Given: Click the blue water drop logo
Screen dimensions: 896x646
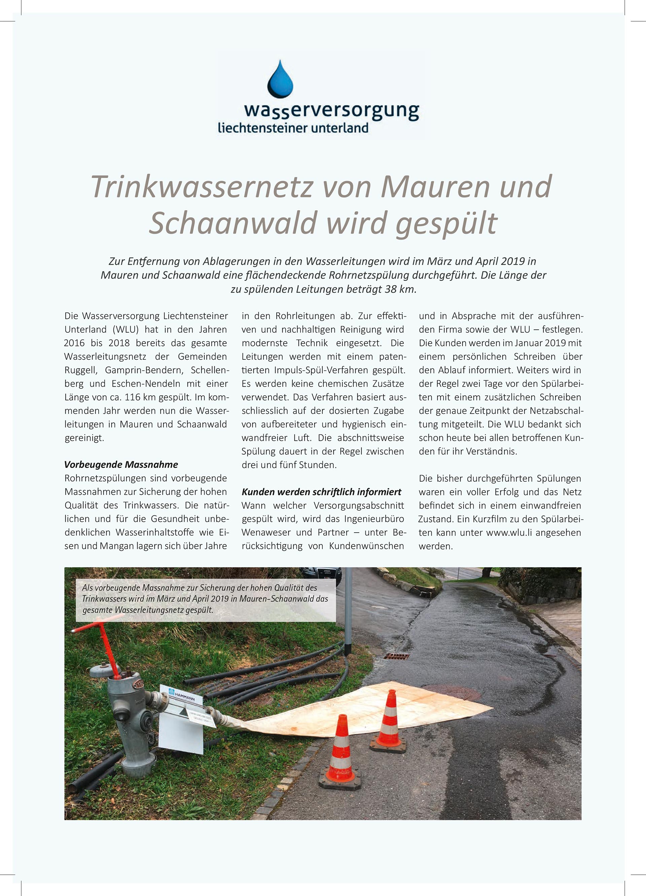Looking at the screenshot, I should (280, 79).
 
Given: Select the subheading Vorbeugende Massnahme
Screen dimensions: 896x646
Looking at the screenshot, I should (121, 465).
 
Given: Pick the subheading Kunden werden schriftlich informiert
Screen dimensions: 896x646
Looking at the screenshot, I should (321, 492).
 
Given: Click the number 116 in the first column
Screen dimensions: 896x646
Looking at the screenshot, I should (133, 397).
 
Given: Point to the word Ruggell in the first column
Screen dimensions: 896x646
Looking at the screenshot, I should (81, 370).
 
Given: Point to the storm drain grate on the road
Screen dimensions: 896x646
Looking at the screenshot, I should (396, 656).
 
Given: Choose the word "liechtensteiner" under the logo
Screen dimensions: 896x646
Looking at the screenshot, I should (257, 128).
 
